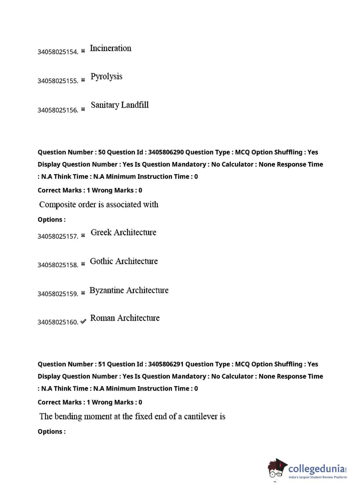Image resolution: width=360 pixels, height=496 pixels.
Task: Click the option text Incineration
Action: pyautogui.click(x=111, y=48)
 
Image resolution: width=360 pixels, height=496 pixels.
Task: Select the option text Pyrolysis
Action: pyautogui.click(x=106, y=77)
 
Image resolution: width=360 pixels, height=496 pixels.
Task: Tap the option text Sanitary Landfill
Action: pyautogui.click(x=120, y=105)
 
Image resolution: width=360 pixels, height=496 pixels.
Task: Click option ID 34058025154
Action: pyautogui.click(x=58, y=52)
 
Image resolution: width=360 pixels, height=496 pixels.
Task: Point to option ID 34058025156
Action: pyautogui.click(x=58, y=110)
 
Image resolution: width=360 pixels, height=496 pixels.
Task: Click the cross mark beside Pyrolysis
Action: pyautogui.click(x=83, y=80)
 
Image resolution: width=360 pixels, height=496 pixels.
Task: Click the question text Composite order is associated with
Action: pyautogui.click(x=99, y=204)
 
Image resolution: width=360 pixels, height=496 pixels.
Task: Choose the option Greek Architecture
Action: pyautogui.click(x=123, y=233)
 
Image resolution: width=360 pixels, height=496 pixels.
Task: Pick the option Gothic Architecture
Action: pyautogui.click(x=124, y=261)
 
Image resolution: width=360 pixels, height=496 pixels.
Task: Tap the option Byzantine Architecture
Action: pyautogui.click(x=129, y=290)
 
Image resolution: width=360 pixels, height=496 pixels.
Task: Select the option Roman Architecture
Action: pyautogui.click(x=125, y=318)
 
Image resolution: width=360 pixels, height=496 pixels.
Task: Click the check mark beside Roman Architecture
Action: pyautogui.click(x=83, y=321)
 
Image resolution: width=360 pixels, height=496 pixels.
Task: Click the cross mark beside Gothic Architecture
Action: pyautogui.click(x=83, y=264)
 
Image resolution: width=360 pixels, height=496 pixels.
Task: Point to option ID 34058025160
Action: pyautogui.click(x=58, y=322)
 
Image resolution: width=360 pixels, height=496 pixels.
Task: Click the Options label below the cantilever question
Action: pyautogui.click(x=51, y=432)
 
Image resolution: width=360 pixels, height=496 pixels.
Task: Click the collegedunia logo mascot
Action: pyautogui.click(x=276, y=469)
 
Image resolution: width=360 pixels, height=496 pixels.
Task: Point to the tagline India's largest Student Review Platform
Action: pyautogui.click(x=318, y=477)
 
